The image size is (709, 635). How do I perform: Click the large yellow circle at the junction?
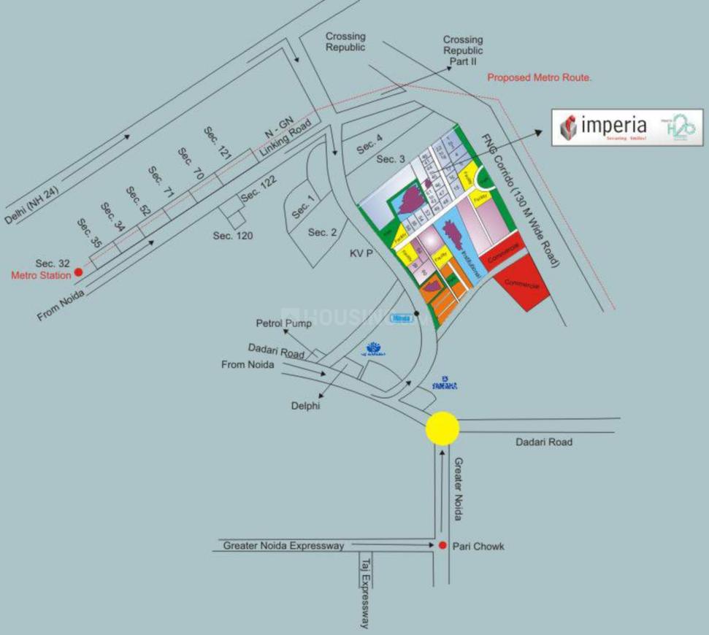click(x=442, y=428)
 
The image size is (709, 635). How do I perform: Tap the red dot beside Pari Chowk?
click(x=442, y=545)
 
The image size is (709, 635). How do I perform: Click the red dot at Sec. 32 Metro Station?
click(x=79, y=273)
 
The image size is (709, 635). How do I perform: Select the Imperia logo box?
click(x=626, y=127)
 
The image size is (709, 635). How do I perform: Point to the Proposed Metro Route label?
click(x=539, y=77)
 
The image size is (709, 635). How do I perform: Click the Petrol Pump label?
click(x=283, y=322)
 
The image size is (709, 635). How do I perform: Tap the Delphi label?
click(x=304, y=406)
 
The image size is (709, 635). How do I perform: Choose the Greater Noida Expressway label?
click(x=283, y=545)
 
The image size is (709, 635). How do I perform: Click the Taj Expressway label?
click(x=366, y=592)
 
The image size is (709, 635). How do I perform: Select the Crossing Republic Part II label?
click(x=463, y=50)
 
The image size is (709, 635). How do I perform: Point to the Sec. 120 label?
click(x=232, y=236)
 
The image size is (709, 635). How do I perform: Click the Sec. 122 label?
click(x=258, y=191)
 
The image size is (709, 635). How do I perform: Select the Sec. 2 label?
click(x=322, y=232)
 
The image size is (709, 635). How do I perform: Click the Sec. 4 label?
click(x=369, y=147)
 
